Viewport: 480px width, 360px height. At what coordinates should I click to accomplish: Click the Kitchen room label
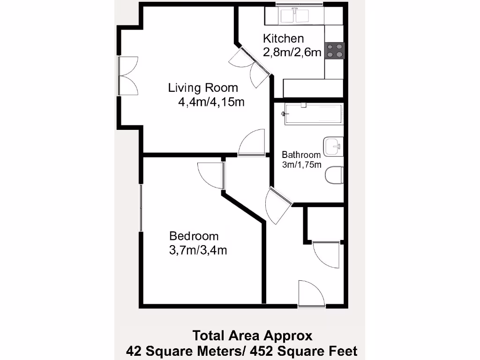(283, 38)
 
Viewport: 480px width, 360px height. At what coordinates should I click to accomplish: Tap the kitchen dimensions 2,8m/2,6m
(292, 52)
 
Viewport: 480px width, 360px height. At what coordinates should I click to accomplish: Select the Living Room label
(203, 88)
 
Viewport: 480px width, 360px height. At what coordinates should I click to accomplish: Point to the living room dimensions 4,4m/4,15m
(211, 102)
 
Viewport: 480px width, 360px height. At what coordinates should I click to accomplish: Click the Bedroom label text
(194, 236)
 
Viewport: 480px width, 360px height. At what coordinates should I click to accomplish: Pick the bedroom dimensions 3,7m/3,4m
(198, 250)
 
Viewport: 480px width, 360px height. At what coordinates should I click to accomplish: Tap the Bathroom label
(301, 155)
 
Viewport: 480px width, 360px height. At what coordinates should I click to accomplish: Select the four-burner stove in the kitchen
(335, 50)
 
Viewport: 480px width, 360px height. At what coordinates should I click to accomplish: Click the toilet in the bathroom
(334, 175)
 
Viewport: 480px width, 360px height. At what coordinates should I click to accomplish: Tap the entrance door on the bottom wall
(310, 294)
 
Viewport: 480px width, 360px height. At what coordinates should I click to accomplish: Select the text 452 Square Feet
(305, 351)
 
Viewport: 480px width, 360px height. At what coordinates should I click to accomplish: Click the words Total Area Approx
(252, 336)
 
